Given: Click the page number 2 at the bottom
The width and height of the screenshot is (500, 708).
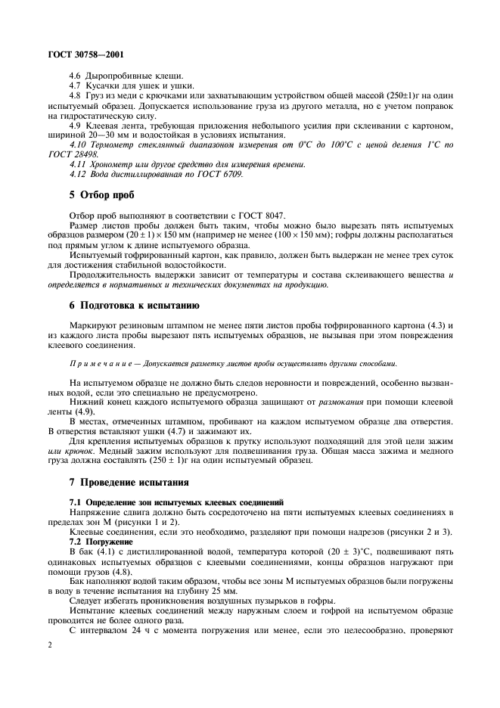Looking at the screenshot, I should pos(49,644).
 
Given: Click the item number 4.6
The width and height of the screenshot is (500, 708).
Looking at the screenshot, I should pos(75,76).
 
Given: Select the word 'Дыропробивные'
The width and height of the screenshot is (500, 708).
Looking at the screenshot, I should pos(114,76).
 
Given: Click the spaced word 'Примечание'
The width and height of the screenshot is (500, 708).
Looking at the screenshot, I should pos(102,364).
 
